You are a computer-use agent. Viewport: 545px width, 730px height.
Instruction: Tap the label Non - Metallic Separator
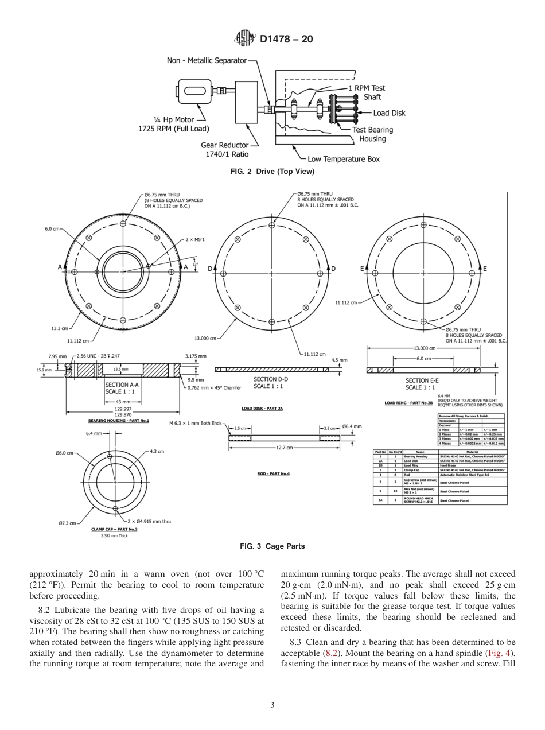pos(207,60)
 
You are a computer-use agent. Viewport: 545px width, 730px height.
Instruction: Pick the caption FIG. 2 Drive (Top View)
pos(272,172)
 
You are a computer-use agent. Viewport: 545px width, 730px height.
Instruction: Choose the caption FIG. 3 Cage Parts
pos(272,546)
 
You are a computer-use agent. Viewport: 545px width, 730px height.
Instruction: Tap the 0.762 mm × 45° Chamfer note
pos(215,387)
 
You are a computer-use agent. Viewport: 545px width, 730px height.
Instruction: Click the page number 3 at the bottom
pos(272,705)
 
